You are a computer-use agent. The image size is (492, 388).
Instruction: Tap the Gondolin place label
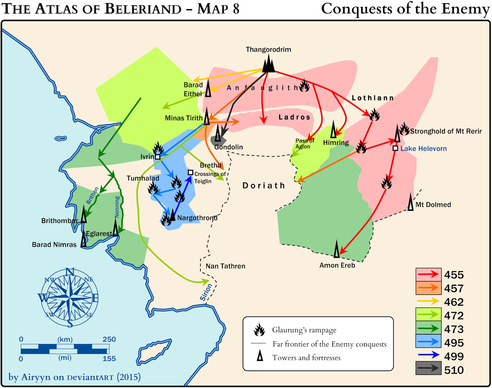point(228,147)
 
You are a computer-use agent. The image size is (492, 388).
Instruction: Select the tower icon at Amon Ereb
point(337,249)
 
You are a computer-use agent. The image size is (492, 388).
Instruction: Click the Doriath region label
point(264,186)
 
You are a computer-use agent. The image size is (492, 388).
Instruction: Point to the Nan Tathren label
point(225,266)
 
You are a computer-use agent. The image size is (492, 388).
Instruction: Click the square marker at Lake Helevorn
point(395,148)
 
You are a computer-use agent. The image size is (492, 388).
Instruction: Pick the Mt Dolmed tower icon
point(411,202)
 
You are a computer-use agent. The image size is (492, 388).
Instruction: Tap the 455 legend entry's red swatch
point(428,274)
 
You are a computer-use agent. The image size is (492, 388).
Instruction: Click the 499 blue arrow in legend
point(428,355)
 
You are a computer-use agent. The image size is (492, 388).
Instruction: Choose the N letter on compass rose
point(70,272)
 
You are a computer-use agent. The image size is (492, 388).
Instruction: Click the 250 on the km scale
point(109,339)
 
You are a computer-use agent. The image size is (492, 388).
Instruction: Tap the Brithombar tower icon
point(84,214)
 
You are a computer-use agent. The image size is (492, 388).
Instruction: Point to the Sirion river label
point(206,292)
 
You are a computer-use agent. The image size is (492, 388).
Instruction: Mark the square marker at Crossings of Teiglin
point(190,173)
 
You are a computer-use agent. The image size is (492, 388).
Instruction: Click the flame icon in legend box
point(259,330)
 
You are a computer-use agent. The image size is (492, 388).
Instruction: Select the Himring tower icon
point(333,130)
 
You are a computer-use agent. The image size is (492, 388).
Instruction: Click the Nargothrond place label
point(197,218)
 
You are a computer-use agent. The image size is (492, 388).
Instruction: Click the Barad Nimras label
point(54,245)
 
